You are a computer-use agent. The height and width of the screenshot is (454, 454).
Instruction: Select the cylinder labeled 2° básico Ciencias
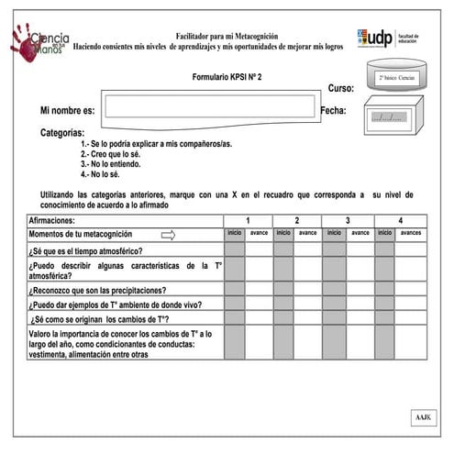click(x=396, y=77)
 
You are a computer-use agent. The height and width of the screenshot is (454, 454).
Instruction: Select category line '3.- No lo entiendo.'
click(x=110, y=163)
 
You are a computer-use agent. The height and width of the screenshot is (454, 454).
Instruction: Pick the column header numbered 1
click(x=248, y=221)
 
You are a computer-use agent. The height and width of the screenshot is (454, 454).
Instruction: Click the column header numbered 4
click(x=400, y=221)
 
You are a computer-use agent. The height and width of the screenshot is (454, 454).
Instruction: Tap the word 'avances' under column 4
click(x=410, y=233)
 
